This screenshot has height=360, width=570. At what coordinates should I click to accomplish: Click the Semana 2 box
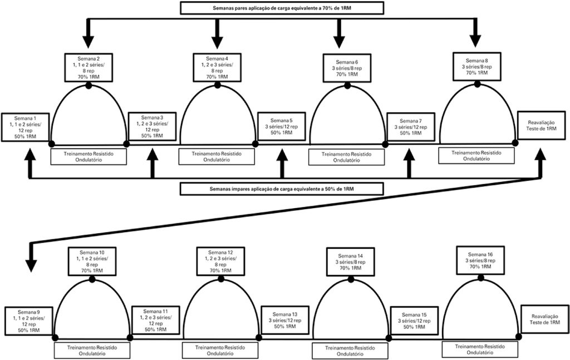click(89, 68)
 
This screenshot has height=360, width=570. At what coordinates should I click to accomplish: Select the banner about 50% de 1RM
click(282, 189)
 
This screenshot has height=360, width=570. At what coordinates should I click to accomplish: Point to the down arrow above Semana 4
click(217, 39)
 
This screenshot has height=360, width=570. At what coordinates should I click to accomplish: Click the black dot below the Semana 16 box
click(481, 277)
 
